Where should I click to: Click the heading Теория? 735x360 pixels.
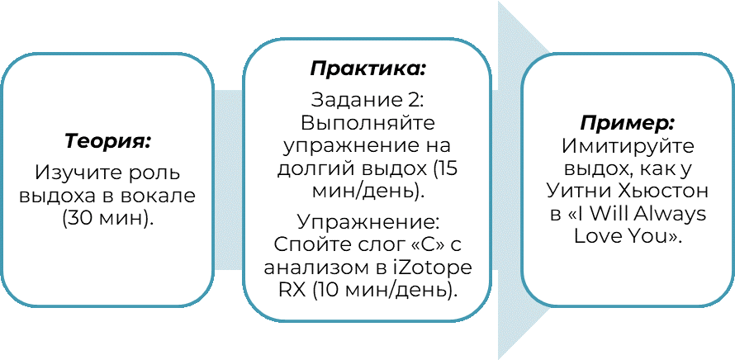(x=107, y=140)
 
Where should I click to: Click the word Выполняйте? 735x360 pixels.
(x=368, y=124)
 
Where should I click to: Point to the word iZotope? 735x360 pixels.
(x=432, y=268)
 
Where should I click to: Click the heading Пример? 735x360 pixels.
(x=627, y=124)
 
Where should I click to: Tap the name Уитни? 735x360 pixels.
(x=576, y=192)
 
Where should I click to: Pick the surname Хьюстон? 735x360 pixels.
(x=657, y=192)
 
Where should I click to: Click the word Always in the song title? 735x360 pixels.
(x=676, y=215)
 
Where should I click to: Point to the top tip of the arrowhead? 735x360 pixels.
(x=500, y=2)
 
